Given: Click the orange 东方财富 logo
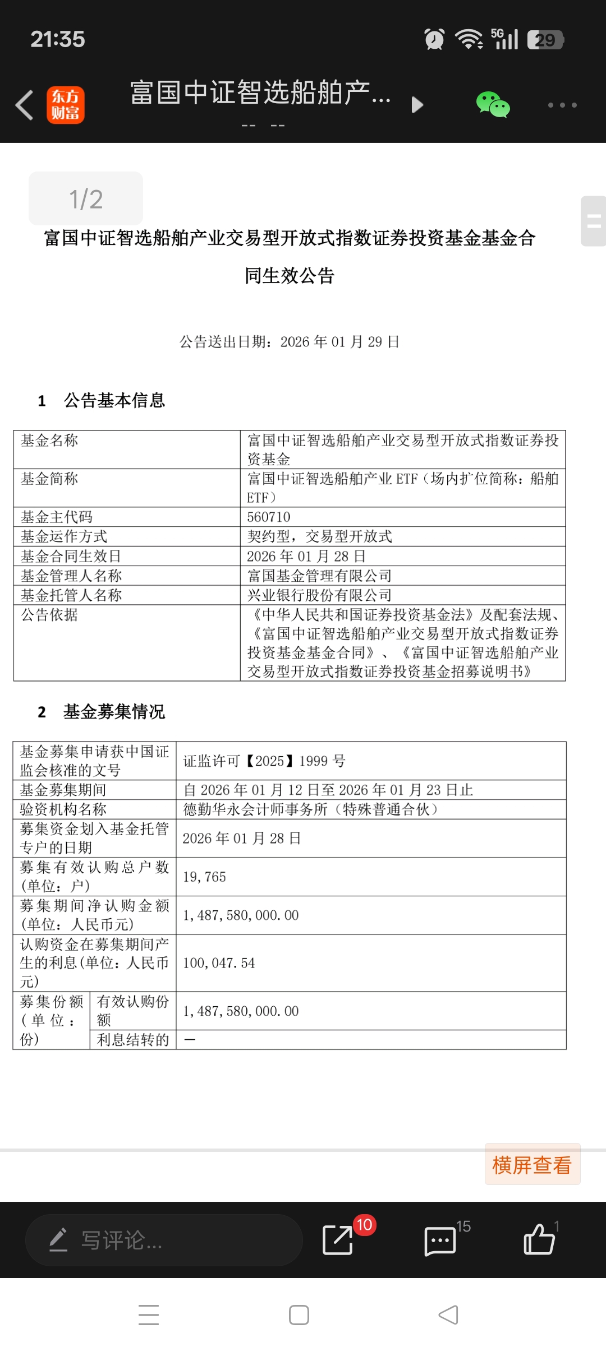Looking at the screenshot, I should pos(66,105).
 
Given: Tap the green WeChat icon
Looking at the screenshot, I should pos(493,105).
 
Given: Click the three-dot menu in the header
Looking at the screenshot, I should pos(562,105).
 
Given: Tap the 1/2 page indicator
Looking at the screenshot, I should pos(86,199).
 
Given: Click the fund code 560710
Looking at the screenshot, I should pos(269,517).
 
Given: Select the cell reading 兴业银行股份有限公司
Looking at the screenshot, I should pos(319,595).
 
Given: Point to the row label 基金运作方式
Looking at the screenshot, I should pos(64,536).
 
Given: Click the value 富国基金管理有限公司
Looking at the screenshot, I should pos(319,576).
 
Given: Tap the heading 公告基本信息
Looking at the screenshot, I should pos(114,400).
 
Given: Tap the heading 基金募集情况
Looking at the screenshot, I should pos(114,712).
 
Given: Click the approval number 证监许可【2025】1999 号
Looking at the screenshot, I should pos(264,761).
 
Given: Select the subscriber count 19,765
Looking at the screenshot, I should pos(204,877).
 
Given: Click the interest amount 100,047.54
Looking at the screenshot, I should pos(219,963).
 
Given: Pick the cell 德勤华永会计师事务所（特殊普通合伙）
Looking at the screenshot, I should pos(310,809).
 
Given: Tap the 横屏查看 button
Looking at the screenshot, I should pos(531,1165).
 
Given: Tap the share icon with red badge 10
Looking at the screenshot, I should pos(338,1239).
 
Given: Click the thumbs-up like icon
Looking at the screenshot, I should pos(539,1239).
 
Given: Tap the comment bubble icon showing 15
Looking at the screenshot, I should pos(440,1240).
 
